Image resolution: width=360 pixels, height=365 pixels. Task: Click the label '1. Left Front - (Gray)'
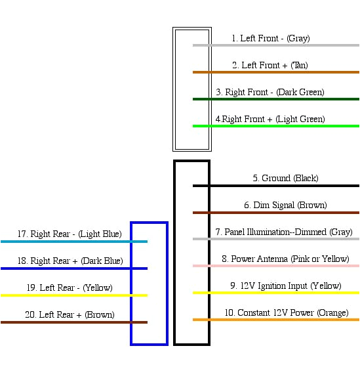[x=270, y=39]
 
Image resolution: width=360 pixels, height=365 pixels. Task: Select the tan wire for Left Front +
[x=275, y=72]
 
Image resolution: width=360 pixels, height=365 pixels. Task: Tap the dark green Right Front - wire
[x=275, y=99]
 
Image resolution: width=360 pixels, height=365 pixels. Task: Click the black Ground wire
[x=275, y=186]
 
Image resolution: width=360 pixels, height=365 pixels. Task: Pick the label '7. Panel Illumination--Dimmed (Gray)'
[x=283, y=232]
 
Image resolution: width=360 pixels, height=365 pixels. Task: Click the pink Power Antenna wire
[x=275, y=266]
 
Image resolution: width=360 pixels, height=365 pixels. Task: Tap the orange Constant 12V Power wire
[x=275, y=320]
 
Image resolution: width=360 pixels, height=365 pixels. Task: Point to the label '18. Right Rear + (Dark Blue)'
[x=70, y=261]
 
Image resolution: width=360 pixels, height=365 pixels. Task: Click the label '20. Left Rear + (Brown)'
[x=70, y=315]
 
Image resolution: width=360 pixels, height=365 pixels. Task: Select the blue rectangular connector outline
[x=132, y=282]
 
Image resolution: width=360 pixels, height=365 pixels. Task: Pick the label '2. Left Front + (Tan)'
[x=270, y=66]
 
